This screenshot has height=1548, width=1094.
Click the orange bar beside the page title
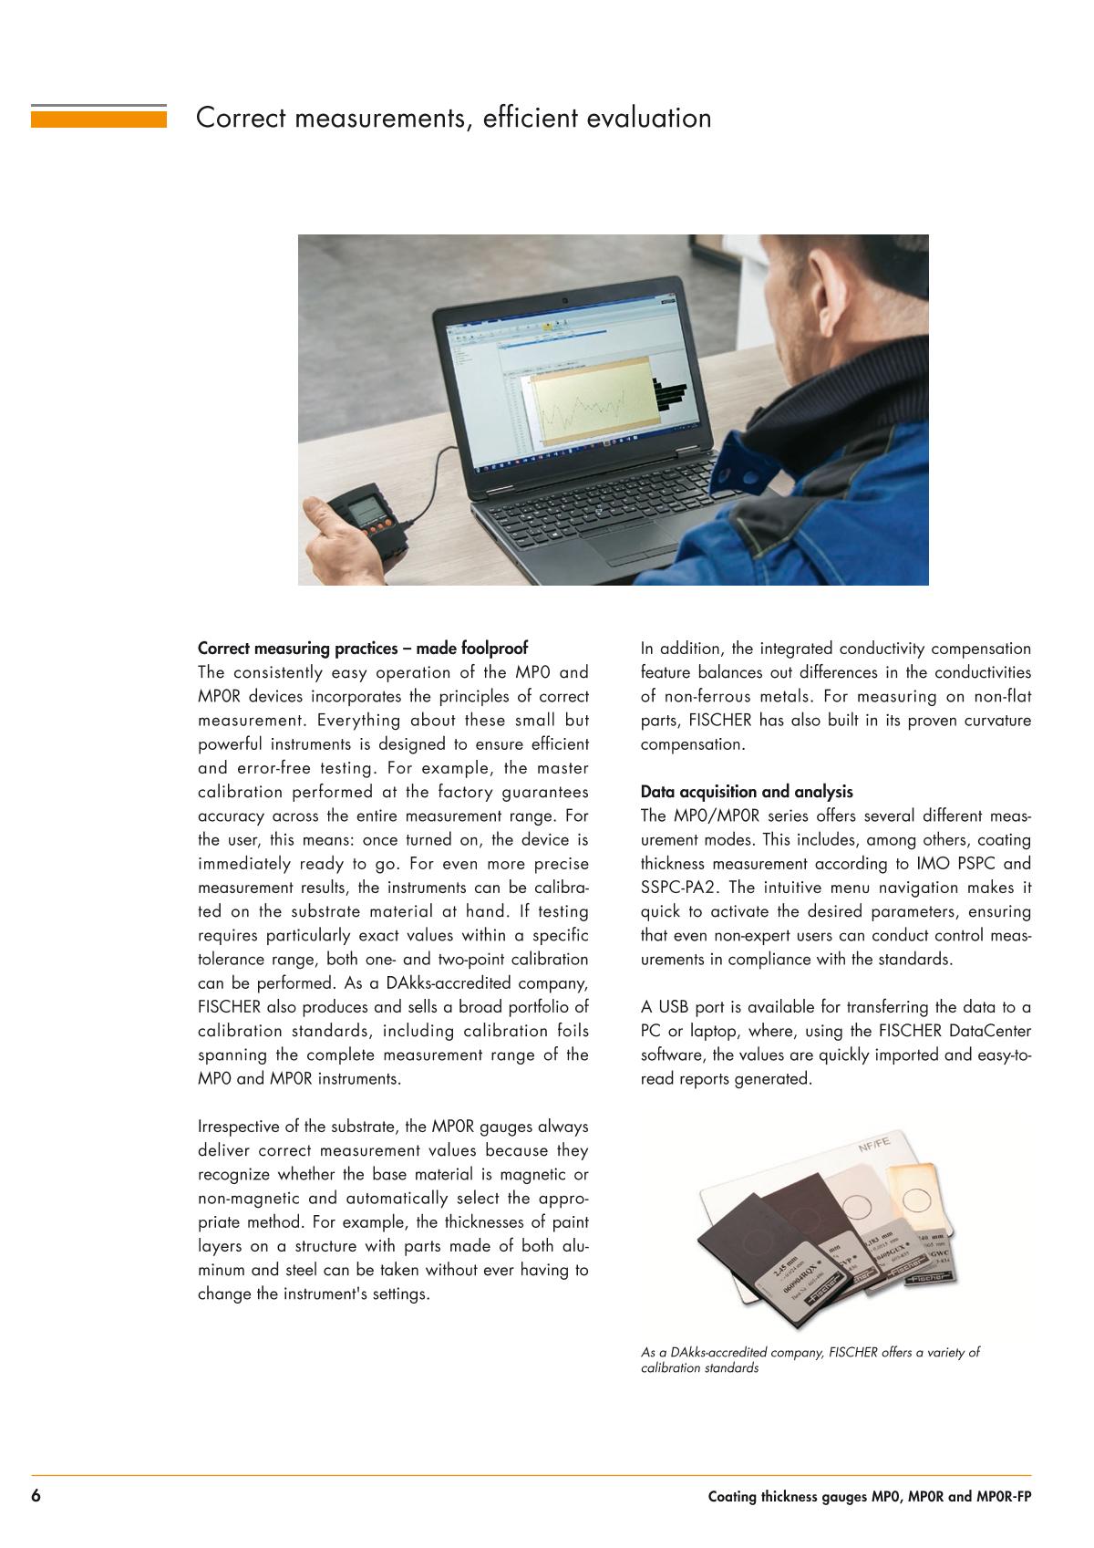point(98,118)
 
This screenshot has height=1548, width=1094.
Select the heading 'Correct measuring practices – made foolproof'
point(362,649)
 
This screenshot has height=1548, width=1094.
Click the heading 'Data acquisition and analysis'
point(747,792)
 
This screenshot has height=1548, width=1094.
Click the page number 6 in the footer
point(36,1497)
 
